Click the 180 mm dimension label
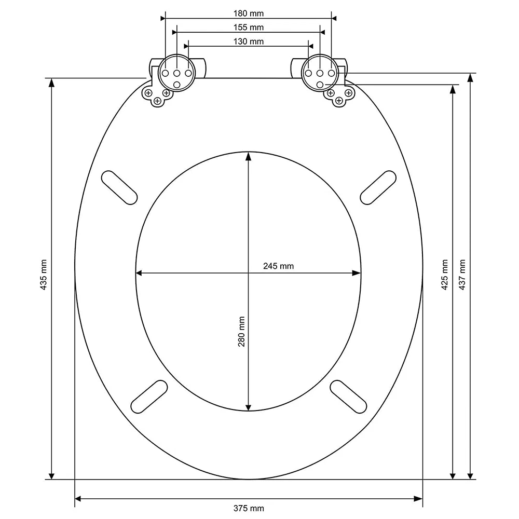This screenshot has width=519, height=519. point(248,13)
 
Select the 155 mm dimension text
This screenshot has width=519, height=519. point(248,28)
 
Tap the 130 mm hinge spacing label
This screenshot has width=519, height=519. point(248,42)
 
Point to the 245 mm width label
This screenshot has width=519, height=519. point(278,266)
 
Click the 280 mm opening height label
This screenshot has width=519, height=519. point(242,332)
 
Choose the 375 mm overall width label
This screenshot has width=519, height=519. point(249,509)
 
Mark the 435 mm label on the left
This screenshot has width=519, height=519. point(44,275)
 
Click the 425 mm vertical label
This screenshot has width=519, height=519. point(445,275)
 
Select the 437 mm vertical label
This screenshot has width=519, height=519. point(462,275)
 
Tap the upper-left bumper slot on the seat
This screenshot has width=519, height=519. point(119,187)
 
